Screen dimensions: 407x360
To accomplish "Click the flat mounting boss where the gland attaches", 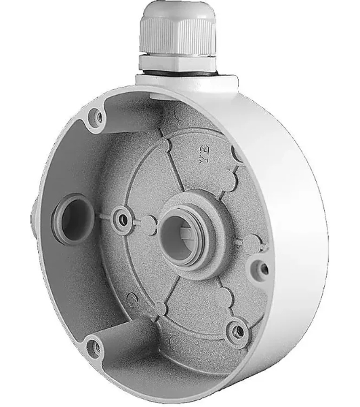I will pyautogui.click(x=186, y=81).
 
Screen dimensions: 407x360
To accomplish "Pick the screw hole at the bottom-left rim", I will pyautogui.click(x=95, y=349).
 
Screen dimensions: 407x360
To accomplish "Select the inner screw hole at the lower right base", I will pyautogui.click(x=237, y=330).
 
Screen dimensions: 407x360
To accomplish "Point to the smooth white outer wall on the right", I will pyautogui.click(x=298, y=203).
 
